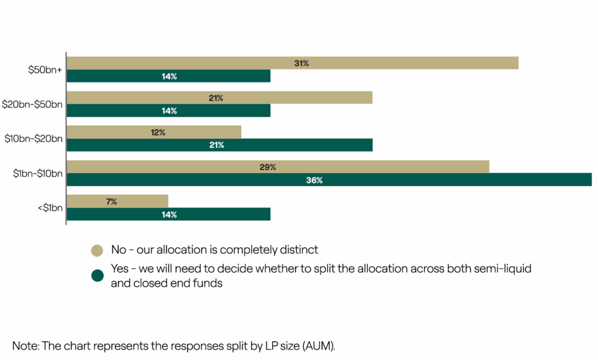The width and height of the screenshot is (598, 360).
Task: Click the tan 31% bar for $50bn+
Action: click(x=292, y=63)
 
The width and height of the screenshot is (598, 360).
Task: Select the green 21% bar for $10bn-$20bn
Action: click(x=219, y=145)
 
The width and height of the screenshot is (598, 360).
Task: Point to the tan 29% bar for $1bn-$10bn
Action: click(x=277, y=167)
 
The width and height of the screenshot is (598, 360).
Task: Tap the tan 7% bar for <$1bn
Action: click(x=117, y=202)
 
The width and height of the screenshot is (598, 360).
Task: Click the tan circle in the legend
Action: click(x=97, y=250)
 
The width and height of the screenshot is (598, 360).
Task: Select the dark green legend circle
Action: click(x=97, y=276)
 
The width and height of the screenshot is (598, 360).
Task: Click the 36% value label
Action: click(x=314, y=180)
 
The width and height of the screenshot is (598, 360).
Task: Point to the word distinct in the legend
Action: click(x=298, y=250)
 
